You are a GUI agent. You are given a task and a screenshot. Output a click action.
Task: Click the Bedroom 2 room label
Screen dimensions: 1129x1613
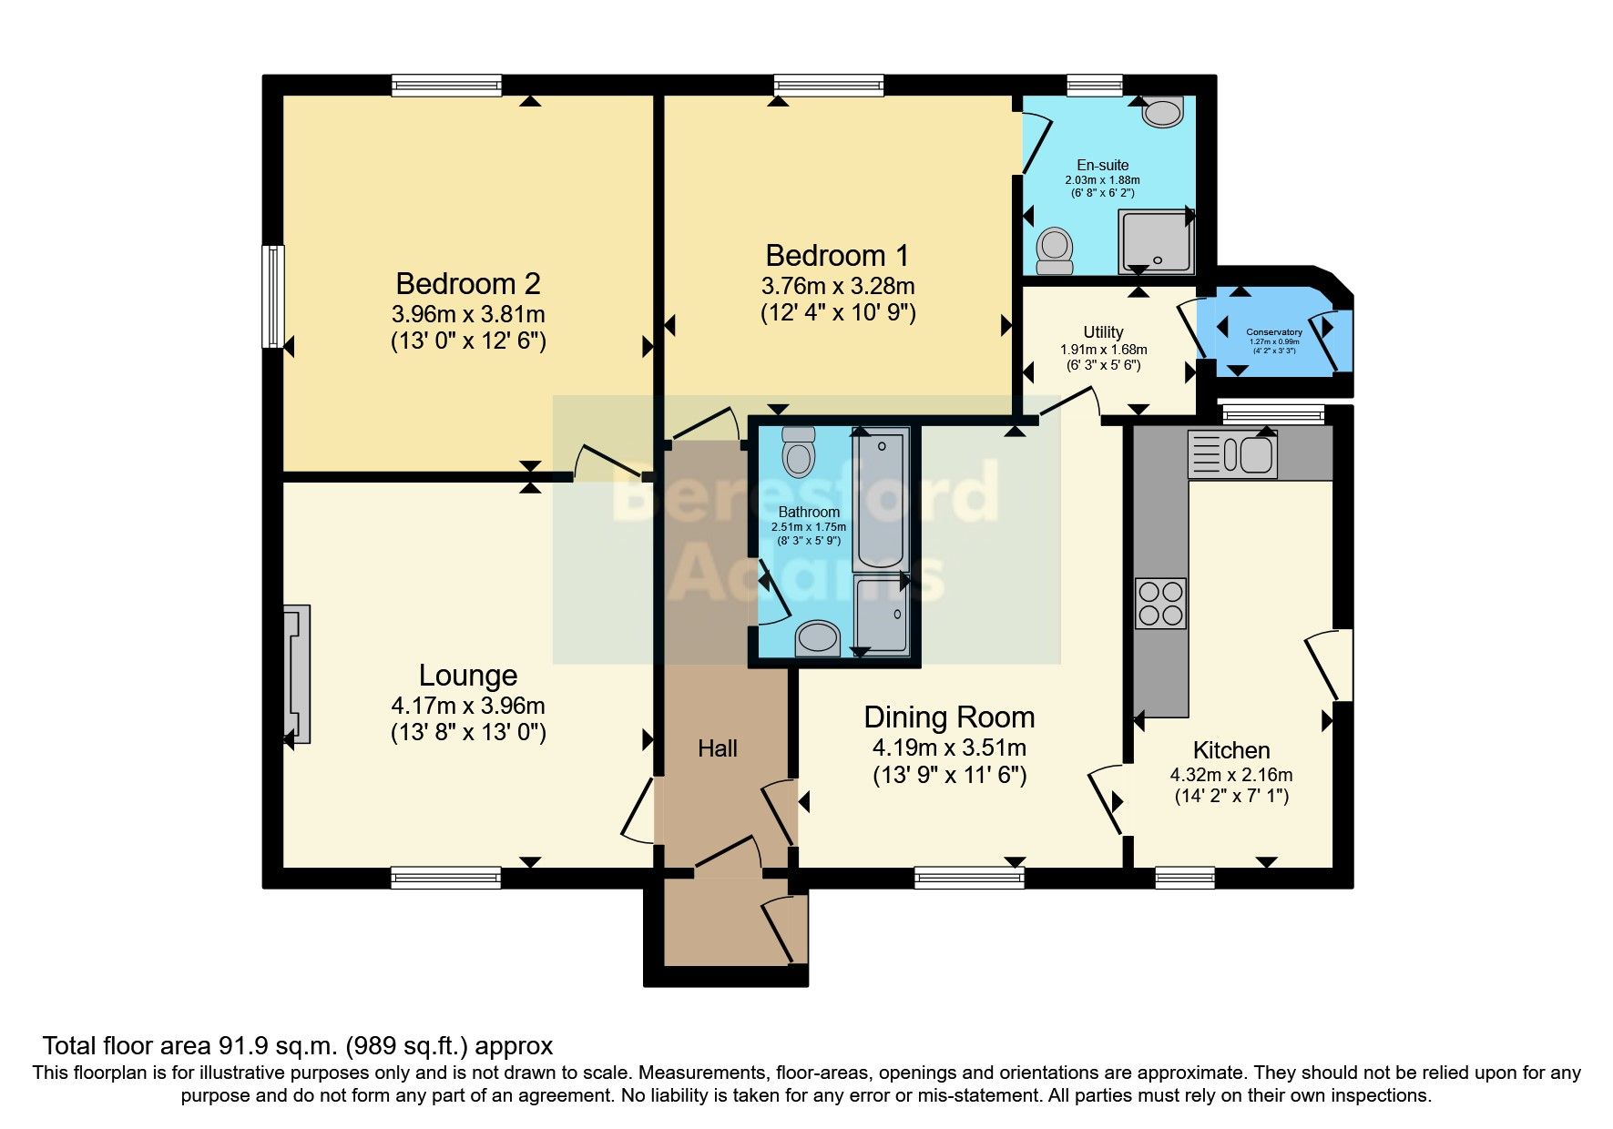(x=468, y=283)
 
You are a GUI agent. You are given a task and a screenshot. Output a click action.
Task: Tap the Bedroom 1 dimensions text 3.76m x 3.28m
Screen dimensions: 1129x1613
(x=837, y=286)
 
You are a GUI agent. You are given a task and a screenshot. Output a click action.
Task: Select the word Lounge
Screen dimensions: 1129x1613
(x=468, y=676)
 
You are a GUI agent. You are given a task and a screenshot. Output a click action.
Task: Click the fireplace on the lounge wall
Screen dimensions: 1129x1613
(x=297, y=674)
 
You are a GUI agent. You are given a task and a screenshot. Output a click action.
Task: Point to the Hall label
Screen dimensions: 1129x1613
(x=718, y=748)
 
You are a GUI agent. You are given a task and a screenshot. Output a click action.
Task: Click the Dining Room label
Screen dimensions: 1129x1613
(x=949, y=717)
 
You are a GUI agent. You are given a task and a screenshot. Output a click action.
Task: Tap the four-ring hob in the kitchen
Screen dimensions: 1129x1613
(x=1160, y=603)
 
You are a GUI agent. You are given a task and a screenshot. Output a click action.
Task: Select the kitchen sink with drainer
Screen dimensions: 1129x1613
(x=1232, y=454)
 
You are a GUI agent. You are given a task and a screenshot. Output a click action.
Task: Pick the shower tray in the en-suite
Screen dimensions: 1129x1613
(x=1156, y=242)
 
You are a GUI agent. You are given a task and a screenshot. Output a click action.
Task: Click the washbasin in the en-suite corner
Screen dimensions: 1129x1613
(x=1163, y=112)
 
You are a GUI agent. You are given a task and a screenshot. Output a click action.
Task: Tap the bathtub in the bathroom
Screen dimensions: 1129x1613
(x=880, y=498)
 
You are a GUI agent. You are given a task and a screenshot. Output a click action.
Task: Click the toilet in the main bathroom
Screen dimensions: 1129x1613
(x=799, y=452)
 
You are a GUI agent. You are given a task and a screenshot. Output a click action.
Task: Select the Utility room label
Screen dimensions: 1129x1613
(x=1103, y=332)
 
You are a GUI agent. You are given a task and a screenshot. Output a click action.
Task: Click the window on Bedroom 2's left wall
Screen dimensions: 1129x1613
(x=272, y=296)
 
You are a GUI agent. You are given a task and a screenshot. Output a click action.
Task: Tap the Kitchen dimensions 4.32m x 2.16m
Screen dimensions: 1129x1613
(x=1230, y=776)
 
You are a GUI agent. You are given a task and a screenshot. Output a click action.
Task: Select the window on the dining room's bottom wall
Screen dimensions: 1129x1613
(x=969, y=878)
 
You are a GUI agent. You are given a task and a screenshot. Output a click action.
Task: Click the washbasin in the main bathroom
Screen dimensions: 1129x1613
(x=818, y=638)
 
